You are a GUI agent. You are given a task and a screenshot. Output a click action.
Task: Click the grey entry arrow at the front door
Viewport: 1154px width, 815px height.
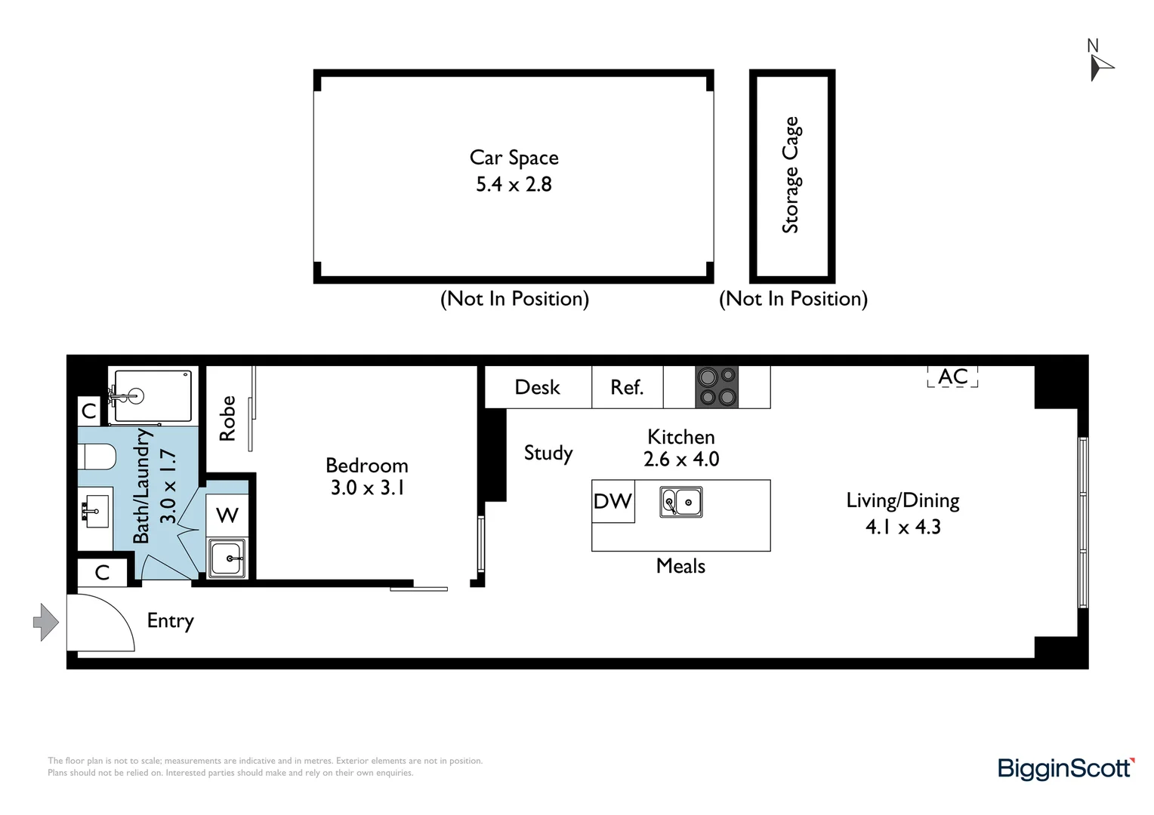pos(46,623)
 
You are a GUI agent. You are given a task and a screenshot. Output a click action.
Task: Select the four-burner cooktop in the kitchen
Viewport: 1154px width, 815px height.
pos(717,386)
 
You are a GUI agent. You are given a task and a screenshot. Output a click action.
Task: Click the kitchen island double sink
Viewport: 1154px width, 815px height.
pos(681,502)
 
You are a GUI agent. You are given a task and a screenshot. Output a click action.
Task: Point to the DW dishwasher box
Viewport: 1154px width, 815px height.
pos(612,501)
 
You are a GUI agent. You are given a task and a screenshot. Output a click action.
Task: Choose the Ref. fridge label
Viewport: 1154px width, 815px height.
pos(627,387)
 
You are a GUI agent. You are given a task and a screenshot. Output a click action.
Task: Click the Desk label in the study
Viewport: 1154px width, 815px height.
pos(537,387)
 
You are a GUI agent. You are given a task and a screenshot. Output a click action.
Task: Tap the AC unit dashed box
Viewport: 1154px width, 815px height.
pos(952,377)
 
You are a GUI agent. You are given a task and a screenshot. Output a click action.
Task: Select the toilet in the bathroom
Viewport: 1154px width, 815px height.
pos(98,457)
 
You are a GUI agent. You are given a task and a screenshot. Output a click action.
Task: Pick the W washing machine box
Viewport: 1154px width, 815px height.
pos(227,515)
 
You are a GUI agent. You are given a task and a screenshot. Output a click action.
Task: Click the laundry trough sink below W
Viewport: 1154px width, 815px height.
pos(227,559)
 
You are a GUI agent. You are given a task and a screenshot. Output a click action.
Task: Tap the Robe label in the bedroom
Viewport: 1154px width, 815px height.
pos(227,418)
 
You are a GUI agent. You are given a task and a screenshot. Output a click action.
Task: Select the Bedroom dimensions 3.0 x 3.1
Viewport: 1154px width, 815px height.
pos(367,488)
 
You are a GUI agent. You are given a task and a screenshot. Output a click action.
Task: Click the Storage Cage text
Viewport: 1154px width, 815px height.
pos(791,175)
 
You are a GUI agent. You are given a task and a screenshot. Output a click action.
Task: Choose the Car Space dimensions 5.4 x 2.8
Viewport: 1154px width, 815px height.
pos(514,184)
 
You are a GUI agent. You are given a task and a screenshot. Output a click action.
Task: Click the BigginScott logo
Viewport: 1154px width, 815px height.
pos(1066,768)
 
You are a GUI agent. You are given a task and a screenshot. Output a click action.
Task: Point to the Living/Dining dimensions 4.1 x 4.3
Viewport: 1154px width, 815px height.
pos(903,527)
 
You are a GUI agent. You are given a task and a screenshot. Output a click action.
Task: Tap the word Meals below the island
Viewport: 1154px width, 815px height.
pos(680,566)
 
